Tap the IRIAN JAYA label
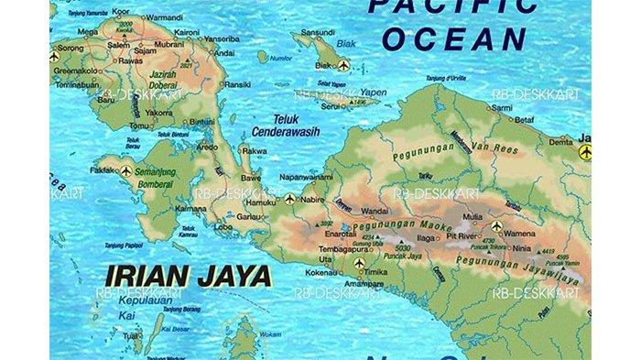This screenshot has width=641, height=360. (187, 274)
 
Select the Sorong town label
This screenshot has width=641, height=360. (71, 48)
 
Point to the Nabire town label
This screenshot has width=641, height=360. (313, 199)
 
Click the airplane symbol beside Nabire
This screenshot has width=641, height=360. (290, 198)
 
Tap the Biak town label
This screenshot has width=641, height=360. (324, 65)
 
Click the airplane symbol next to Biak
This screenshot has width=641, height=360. (343, 65)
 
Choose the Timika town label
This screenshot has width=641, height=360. (376, 272)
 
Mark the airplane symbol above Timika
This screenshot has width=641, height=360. (359, 264)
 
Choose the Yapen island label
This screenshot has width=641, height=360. (370, 92)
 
